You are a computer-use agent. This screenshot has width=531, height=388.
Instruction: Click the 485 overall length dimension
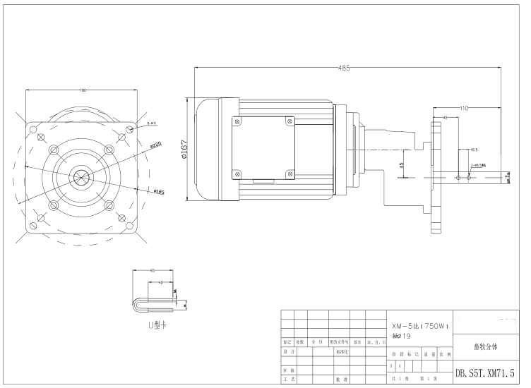click(345, 68)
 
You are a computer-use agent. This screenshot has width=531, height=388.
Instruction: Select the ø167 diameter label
click(185, 150)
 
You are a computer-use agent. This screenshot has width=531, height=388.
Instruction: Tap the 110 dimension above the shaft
click(464, 107)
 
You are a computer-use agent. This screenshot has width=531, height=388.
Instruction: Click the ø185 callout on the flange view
click(159, 191)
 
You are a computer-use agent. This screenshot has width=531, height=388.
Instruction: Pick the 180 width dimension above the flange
click(83, 90)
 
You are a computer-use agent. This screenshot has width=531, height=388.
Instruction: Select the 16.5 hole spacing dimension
click(473, 150)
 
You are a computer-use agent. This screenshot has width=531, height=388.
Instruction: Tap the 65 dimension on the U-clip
click(153, 270)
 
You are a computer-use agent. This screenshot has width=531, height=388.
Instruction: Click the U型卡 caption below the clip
click(157, 325)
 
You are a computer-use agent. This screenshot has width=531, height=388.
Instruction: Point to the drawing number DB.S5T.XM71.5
click(484, 372)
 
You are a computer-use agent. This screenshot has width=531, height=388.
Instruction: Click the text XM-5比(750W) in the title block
click(420, 326)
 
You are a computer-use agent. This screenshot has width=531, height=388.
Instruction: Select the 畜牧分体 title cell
click(485, 346)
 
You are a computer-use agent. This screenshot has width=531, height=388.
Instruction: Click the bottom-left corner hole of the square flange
click(33, 226)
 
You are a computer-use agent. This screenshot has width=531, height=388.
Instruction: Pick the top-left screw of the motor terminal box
click(236, 121)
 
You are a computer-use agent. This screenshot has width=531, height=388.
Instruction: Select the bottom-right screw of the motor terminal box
click(288, 174)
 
